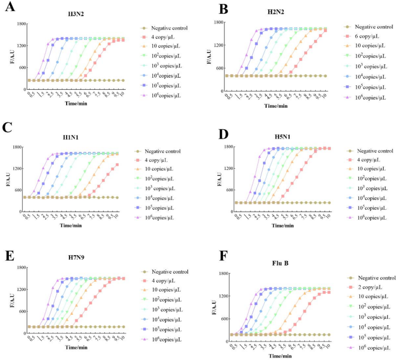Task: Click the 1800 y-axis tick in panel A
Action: (20, 24)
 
